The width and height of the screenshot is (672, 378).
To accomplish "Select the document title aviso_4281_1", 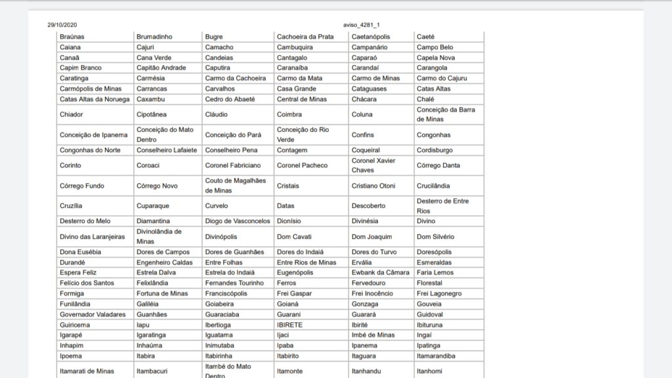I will pos(362,24).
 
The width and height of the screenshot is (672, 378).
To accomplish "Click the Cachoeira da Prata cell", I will pos(305,37).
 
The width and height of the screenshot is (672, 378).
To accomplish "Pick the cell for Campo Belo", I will pos(434,47).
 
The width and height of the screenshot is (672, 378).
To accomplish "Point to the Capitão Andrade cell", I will pos(161,68).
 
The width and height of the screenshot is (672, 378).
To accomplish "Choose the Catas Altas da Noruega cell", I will pos(95,99).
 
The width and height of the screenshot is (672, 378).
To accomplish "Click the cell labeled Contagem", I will pos(293,150).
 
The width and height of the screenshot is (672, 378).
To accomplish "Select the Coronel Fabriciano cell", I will pos(233,165).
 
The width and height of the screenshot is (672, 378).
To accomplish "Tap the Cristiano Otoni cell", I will pos(373,186).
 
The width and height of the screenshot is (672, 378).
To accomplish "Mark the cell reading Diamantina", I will pos(153,221).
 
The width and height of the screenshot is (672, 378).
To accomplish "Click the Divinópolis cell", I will pos(221,237).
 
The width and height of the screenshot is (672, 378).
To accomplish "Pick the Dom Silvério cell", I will pos(435,237).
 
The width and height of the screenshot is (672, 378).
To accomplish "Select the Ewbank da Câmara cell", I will pos(380,272).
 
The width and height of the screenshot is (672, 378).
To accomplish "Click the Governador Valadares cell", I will pos(93,314).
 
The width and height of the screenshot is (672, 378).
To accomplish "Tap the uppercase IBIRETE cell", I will pos(289,325).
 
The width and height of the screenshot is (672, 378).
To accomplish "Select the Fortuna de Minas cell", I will pos(162,293).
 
